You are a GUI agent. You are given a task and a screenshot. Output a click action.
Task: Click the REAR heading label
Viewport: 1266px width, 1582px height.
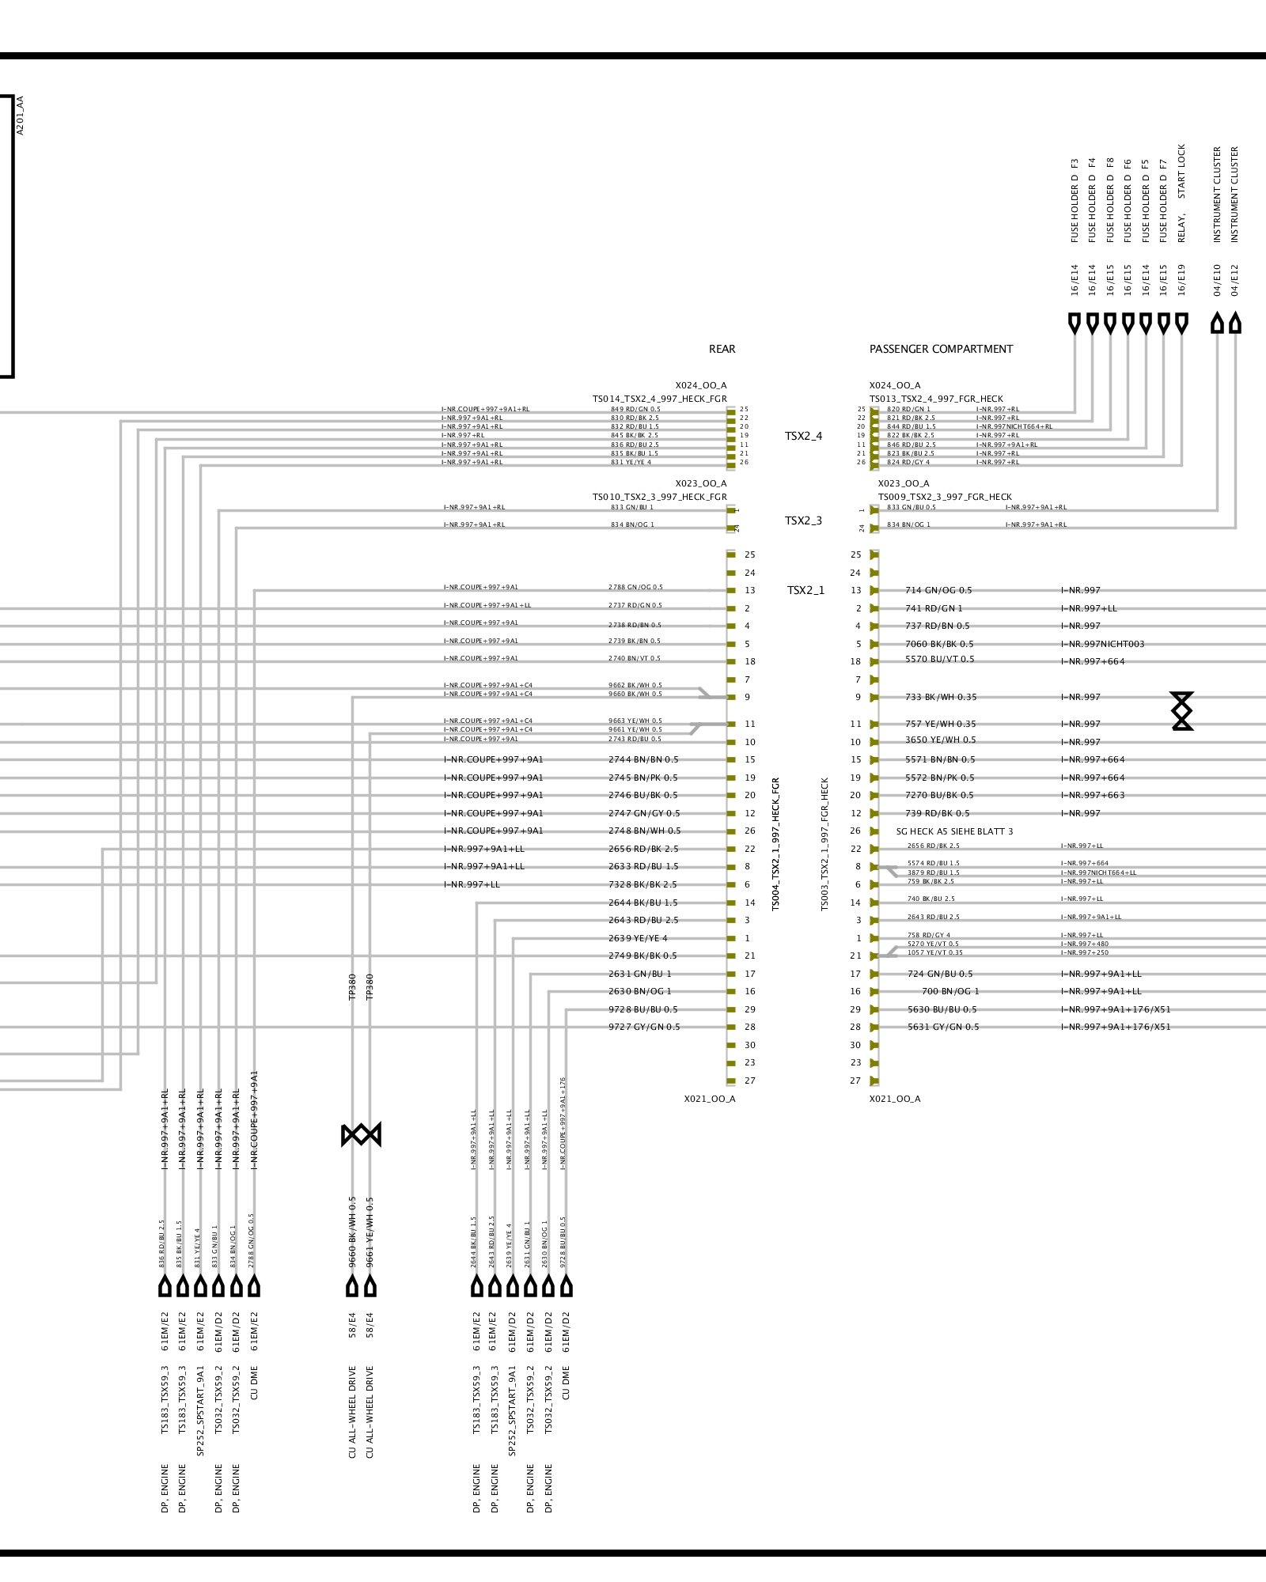[722, 349]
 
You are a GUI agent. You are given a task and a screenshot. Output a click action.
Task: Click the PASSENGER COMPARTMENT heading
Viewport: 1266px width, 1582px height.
[941, 349]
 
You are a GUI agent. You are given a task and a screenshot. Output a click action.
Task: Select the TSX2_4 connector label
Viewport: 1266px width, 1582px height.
[803, 436]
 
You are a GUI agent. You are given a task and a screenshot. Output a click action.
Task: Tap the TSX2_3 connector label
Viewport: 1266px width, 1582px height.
[803, 520]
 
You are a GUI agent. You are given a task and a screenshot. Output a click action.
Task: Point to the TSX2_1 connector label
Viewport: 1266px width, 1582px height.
[805, 590]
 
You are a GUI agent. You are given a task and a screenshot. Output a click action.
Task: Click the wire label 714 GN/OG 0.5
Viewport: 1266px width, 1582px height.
[938, 590]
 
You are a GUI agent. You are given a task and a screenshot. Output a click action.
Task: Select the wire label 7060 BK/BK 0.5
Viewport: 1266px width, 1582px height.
[939, 644]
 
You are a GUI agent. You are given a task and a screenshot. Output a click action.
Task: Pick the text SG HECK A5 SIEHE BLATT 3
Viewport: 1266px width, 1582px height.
[954, 831]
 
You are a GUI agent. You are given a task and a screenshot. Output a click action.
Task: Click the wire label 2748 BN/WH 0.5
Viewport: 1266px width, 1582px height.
[644, 831]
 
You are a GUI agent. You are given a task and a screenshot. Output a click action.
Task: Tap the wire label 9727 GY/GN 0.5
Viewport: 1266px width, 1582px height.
[644, 1027]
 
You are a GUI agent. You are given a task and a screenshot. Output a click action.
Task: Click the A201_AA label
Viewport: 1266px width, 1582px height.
[21, 115]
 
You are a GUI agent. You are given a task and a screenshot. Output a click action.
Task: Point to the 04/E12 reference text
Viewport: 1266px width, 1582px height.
[1235, 280]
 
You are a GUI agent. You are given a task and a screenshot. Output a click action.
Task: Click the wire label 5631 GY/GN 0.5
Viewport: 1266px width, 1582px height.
[942, 1027]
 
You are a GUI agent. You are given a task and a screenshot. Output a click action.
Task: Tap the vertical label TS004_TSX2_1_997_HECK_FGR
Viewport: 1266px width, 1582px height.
[775, 843]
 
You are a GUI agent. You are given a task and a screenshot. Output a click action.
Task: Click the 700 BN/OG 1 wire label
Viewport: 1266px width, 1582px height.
[949, 991]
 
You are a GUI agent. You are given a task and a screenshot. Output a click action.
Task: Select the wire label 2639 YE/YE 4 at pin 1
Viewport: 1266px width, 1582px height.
[638, 938]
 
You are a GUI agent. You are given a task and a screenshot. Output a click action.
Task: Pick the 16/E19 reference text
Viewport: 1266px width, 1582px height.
[1181, 280]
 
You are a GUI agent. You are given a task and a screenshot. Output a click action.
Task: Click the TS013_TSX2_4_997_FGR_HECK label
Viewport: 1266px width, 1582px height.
[936, 399]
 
